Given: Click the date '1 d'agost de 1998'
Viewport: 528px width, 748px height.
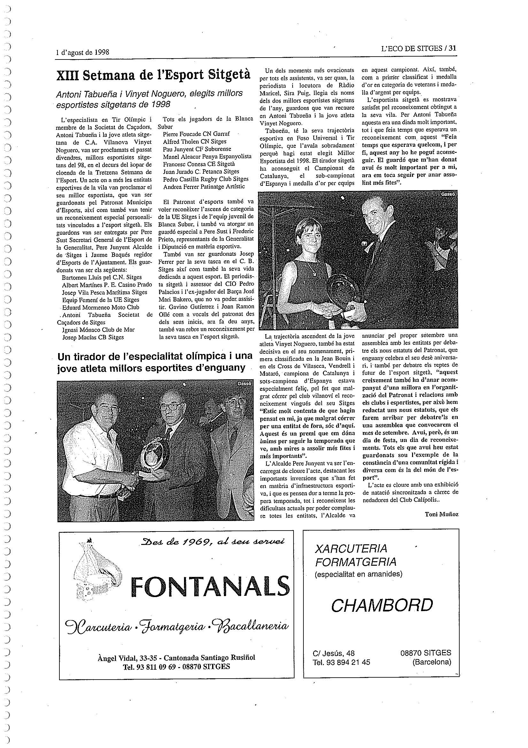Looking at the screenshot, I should (x=82, y=52).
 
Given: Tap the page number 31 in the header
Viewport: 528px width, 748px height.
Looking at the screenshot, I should (x=452, y=49).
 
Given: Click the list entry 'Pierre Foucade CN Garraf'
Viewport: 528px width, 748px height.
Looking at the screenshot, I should (x=196, y=134).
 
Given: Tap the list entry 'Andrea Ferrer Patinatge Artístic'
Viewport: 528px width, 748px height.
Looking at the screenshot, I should (x=204, y=187).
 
